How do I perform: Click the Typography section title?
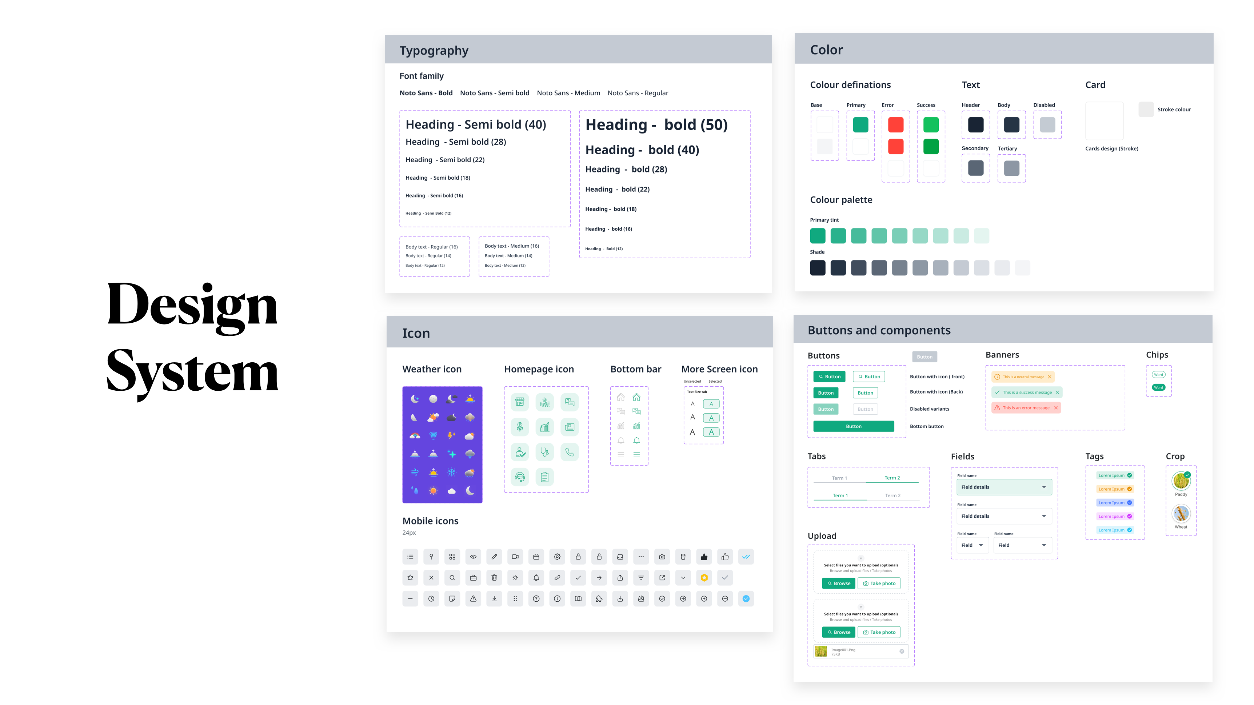pyautogui.click(x=434, y=51)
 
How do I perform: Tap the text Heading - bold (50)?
pyautogui.click(x=656, y=125)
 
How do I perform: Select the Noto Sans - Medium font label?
pyautogui.click(x=568, y=93)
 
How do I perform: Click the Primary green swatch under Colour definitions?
pyautogui.click(x=860, y=125)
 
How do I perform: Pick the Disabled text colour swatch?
pyautogui.click(x=1047, y=125)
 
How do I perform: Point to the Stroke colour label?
pyautogui.click(x=1174, y=109)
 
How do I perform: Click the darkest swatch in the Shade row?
pyautogui.click(x=817, y=268)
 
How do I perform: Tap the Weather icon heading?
pyautogui.click(x=432, y=369)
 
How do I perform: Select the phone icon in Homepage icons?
pyautogui.click(x=569, y=452)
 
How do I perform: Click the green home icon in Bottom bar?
pyautogui.click(x=636, y=397)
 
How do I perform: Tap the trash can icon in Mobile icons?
pyautogui.click(x=494, y=578)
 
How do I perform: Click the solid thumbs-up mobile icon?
pyautogui.click(x=704, y=557)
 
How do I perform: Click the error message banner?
pyautogui.click(x=1026, y=408)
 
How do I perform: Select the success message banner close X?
pyautogui.click(x=1057, y=393)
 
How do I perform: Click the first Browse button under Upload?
pyautogui.click(x=838, y=583)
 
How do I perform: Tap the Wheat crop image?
pyautogui.click(x=1181, y=514)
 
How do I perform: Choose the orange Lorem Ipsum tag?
pyautogui.click(x=1115, y=489)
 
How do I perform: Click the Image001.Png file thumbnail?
pyautogui.click(x=821, y=652)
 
